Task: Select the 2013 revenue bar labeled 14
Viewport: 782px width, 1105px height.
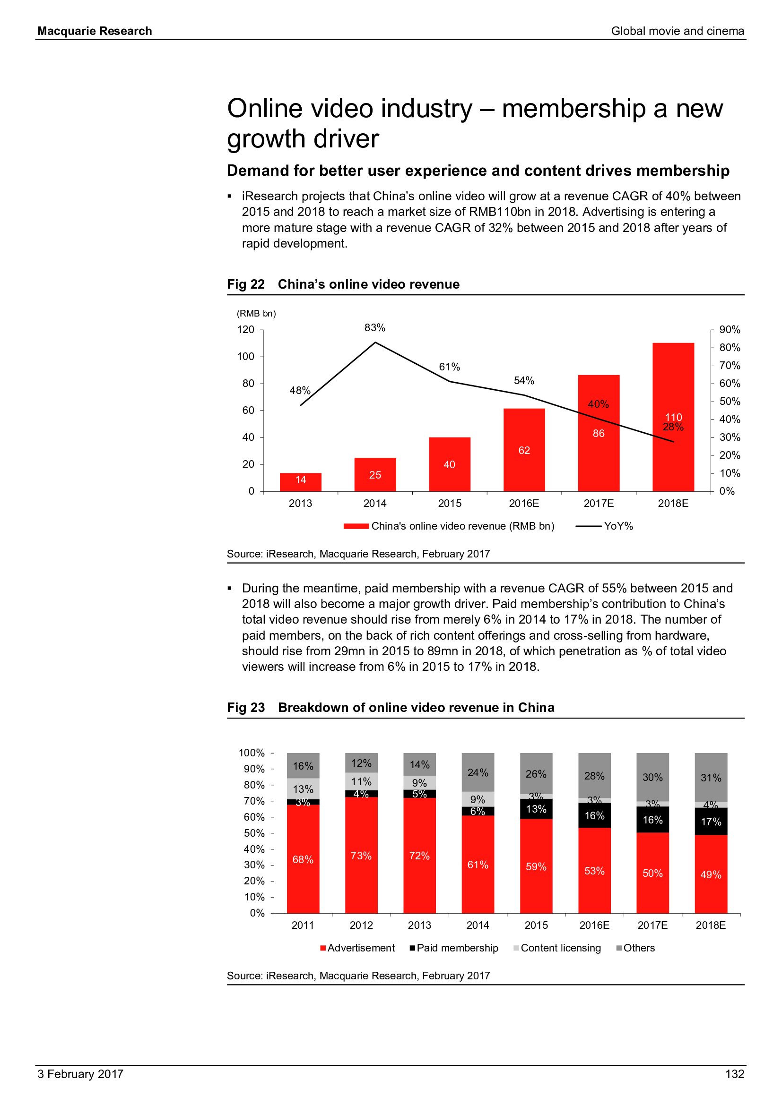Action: click(x=301, y=482)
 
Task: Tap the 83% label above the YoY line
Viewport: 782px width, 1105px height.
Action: click(x=374, y=328)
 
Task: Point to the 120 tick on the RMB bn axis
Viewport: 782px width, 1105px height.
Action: click(x=245, y=330)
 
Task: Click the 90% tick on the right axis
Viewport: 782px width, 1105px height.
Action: click(x=730, y=330)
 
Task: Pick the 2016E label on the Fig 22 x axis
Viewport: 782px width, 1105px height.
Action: click(x=524, y=504)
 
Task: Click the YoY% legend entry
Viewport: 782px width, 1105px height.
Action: click(x=618, y=526)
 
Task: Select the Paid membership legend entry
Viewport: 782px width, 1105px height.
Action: click(x=457, y=948)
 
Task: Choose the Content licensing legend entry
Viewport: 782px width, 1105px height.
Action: click(x=561, y=948)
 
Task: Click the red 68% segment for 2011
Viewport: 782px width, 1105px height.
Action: click(x=303, y=859)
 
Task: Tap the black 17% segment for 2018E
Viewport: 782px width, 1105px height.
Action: click(x=711, y=822)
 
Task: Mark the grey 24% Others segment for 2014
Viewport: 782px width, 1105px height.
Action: click(x=478, y=772)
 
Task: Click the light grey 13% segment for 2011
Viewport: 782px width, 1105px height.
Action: click(x=303, y=789)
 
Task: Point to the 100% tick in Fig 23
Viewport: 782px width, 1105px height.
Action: click(x=252, y=753)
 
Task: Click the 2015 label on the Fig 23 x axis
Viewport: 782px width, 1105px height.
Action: click(x=536, y=925)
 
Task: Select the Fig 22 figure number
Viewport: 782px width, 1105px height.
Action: click(x=245, y=284)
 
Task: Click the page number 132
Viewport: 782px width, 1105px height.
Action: click(x=734, y=1074)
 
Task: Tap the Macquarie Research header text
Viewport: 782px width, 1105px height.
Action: click(x=95, y=31)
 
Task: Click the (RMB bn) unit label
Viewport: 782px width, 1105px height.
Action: click(x=256, y=314)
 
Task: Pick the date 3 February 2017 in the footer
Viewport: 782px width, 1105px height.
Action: click(x=80, y=1074)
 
